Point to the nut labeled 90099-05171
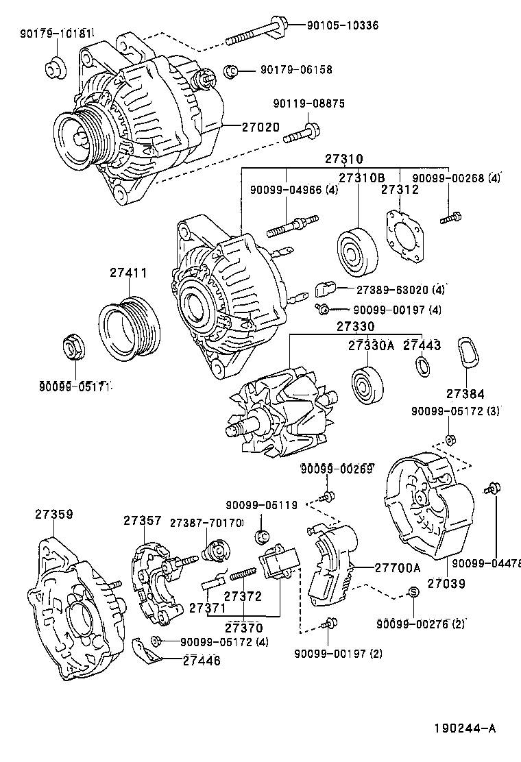pyautogui.click(x=73, y=347)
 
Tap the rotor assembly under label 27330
pyautogui.click(x=281, y=415)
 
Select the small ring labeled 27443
pyautogui.click(x=422, y=367)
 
